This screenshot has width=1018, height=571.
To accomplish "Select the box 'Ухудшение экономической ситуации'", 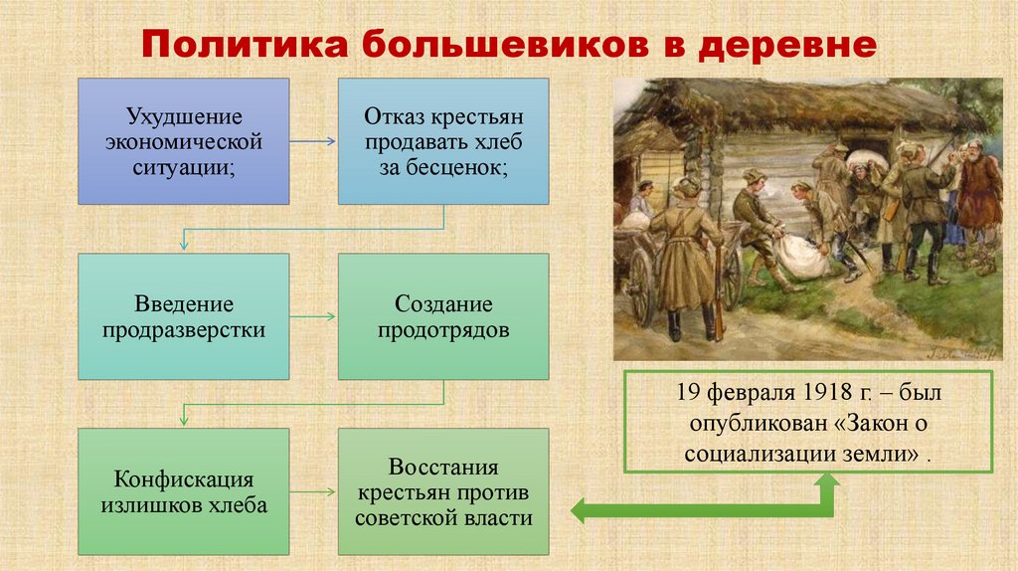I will click(184, 141).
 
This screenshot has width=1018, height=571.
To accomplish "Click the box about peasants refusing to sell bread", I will click(442, 141).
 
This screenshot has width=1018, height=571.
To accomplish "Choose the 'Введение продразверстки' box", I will click(184, 315).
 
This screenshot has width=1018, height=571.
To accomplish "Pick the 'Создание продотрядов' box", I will click(442, 315).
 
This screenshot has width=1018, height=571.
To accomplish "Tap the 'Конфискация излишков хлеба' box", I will click(184, 491).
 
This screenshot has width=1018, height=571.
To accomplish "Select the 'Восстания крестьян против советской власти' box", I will click(442, 491).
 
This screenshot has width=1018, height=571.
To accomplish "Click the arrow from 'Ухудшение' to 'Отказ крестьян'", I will click(313, 141).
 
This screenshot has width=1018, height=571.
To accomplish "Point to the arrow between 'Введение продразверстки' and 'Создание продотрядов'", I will click(313, 317).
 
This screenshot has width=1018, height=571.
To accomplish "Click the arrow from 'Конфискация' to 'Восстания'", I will click(313, 492).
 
